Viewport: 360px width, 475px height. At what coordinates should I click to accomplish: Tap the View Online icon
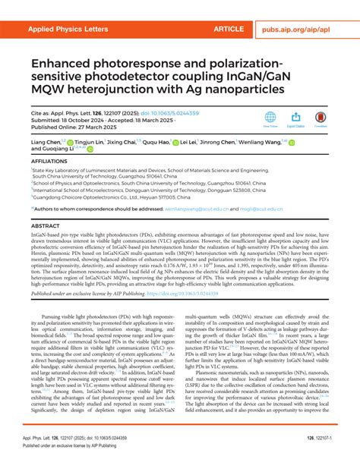point(270,118)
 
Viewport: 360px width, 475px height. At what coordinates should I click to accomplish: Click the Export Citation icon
point(295,118)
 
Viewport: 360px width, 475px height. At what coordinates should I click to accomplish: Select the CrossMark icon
point(321,118)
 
